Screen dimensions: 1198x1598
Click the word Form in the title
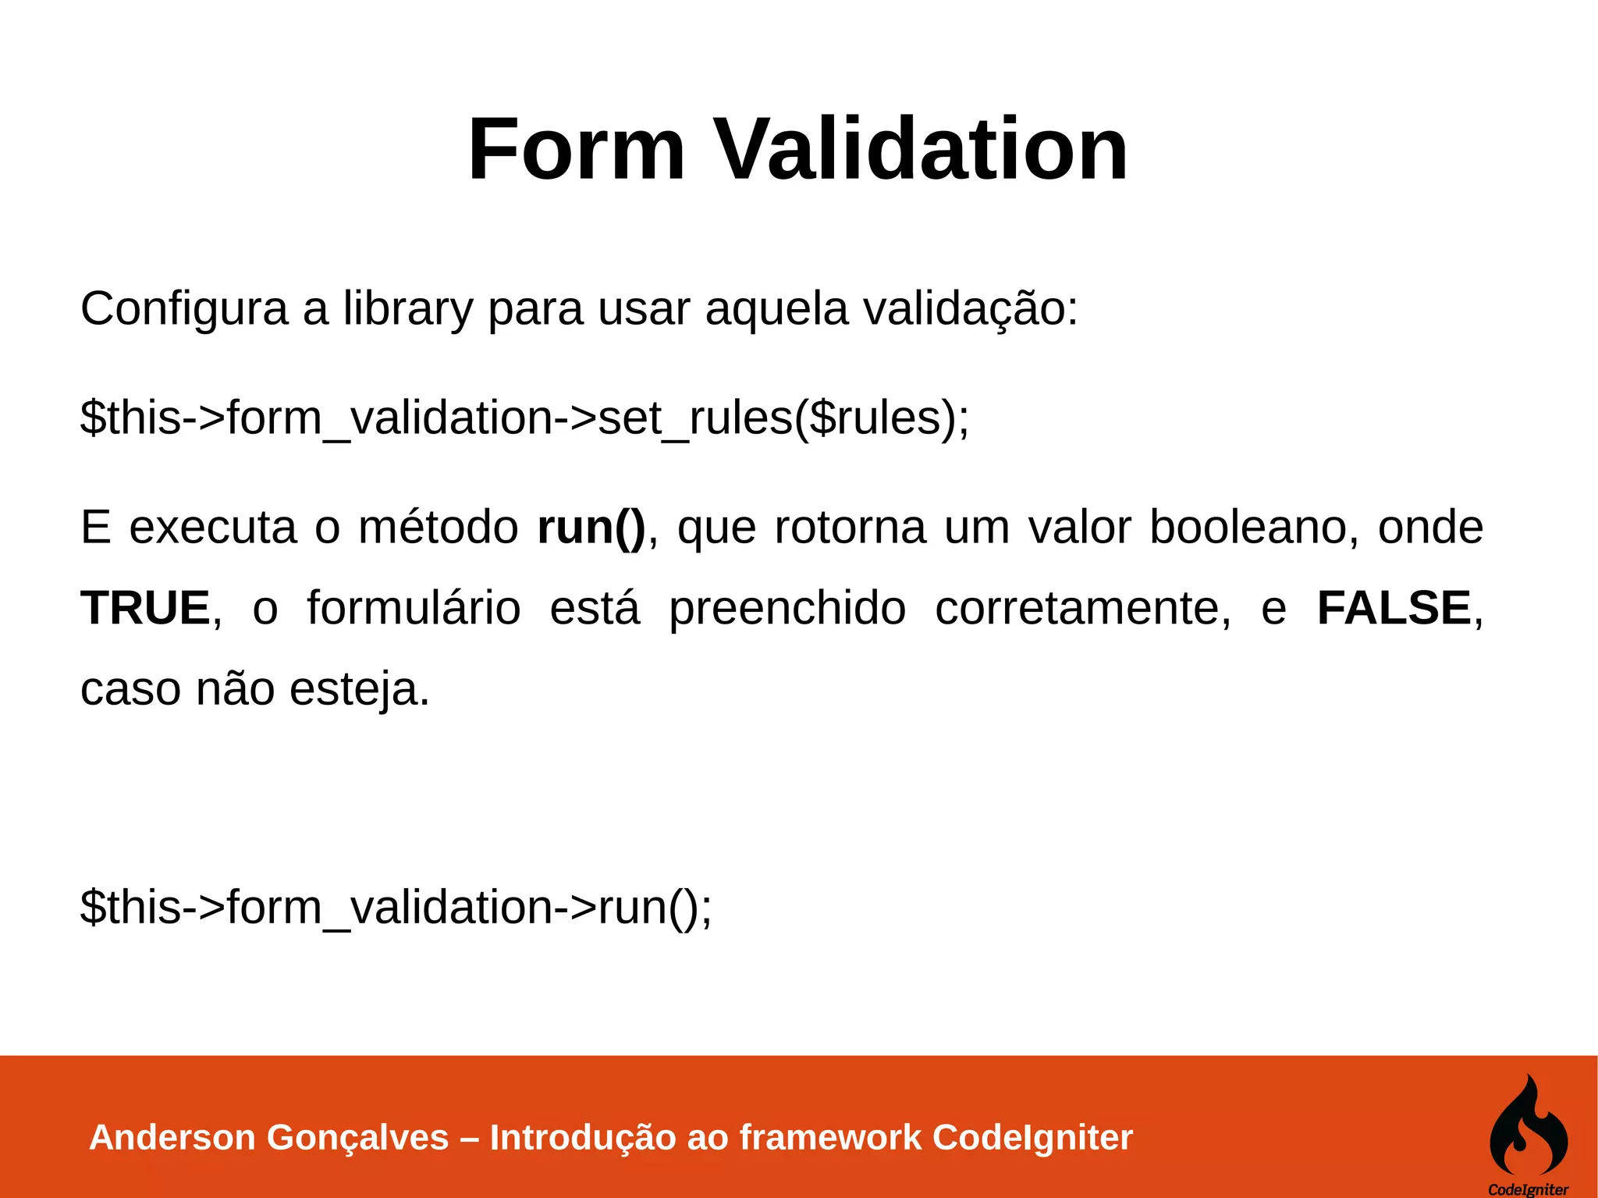click(x=576, y=149)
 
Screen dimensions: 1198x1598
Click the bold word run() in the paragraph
click(x=591, y=528)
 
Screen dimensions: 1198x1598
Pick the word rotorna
click(x=850, y=528)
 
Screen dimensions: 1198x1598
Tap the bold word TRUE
click(x=146, y=609)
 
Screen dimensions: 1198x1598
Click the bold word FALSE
click(x=1394, y=609)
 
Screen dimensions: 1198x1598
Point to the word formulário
click(x=413, y=609)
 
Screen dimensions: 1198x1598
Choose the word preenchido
click(x=787, y=609)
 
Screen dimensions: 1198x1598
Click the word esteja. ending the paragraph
click(x=359, y=690)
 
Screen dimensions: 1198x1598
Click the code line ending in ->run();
click(x=396, y=908)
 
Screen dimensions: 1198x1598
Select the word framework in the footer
click(x=830, y=1138)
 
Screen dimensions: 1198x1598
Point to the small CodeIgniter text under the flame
click(x=1528, y=1189)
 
